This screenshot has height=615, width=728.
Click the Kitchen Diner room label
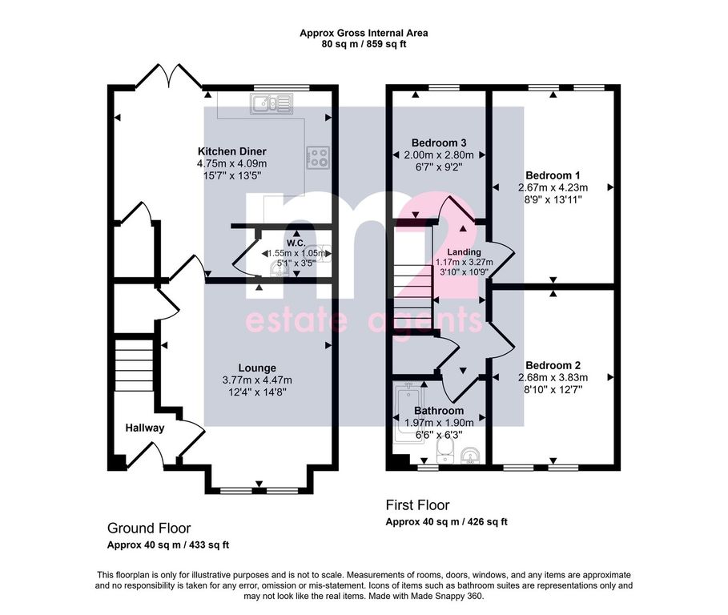click(232, 151)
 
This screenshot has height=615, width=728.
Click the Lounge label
click(257, 368)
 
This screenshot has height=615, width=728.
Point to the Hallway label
click(145, 428)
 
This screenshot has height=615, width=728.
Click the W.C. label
click(296, 243)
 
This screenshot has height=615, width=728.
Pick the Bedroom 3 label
click(439, 143)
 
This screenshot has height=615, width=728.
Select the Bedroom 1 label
click(553, 175)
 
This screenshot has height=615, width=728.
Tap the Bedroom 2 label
click(553, 365)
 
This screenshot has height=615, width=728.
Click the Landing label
click(464, 252)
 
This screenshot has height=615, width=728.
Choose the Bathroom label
click(439, 411)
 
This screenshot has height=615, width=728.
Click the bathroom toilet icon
click(444, 450)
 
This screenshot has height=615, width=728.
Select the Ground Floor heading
click(149, 529)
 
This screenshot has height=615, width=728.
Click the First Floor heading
click(418, 505)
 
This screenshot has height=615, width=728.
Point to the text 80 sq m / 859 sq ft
click(364, 45)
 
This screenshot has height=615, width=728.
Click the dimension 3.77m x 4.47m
click(257, 380)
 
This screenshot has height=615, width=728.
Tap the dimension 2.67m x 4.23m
click(553, 187)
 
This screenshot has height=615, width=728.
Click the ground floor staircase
click(134, 365)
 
